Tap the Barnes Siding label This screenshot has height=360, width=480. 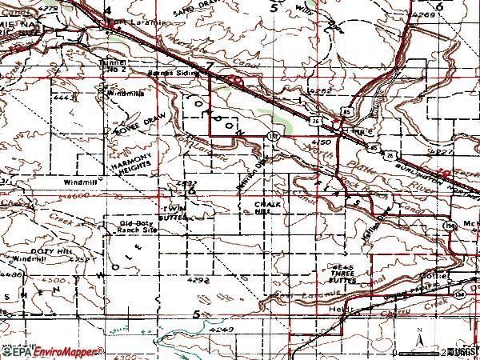(167, 72)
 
